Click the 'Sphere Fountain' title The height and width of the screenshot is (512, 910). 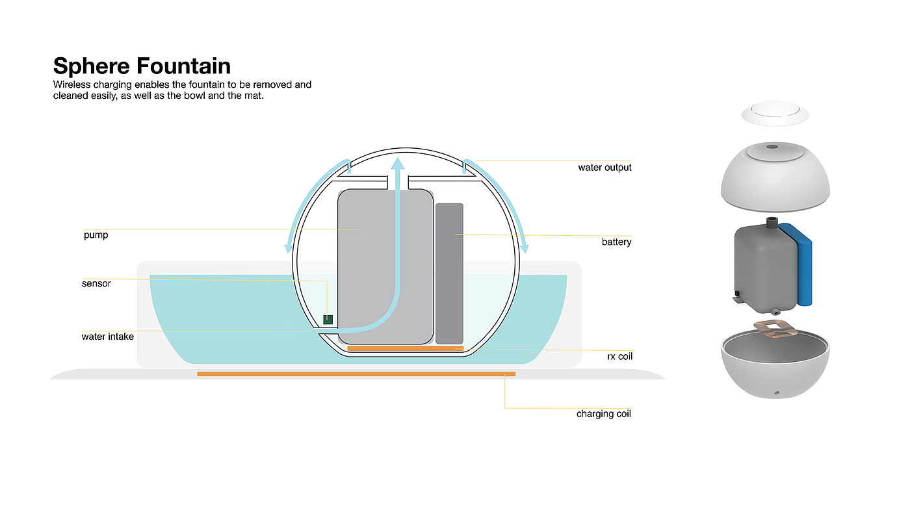(x=142, y=66)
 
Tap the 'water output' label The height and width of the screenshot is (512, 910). (x=604, y=168)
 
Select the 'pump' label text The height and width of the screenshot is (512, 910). (x=96, y=235)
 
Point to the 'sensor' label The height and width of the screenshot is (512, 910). (x=96, y=284)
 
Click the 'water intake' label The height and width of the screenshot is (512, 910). (x=107, y=337)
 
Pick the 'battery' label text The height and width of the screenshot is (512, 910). (x=616, y=242)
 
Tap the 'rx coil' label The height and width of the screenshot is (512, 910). (x=615, y=357)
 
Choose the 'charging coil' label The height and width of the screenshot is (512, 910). (x=603, y=414)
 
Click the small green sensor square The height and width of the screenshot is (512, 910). (x=328, y=319)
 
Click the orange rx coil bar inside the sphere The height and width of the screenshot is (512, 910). (x=405, y=349)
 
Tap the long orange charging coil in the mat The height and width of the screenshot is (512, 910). (x=356, y=374)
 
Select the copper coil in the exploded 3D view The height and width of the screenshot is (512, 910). (x=775, y=329)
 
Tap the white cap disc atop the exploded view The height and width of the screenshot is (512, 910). (x=775, y=113)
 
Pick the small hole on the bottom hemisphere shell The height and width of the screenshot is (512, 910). (x=775, y=393)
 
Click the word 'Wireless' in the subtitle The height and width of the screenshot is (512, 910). (x=73, y=84)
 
